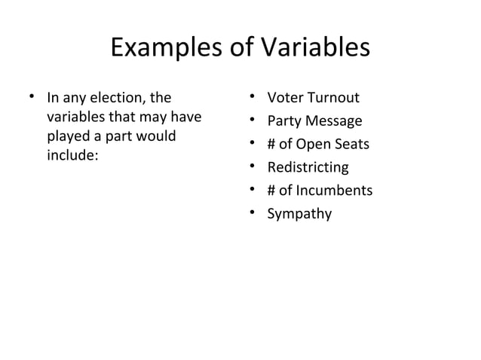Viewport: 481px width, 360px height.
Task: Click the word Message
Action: click(x=333, y=122)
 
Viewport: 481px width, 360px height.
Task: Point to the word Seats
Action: click(x=351, y=145)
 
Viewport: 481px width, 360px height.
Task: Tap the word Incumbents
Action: click(x=334, y=191)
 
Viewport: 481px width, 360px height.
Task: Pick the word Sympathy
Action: click(x=299, y=214)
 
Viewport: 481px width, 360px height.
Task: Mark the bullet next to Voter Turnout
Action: click(x=252, y=98)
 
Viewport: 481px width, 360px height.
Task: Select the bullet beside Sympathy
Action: click(x=252, y=213)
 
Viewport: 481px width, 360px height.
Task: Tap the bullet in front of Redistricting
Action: click(x=252, y=167)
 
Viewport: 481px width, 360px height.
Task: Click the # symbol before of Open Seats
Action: click(x=272, y=145)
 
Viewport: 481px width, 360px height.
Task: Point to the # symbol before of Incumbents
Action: click(x=272, y=191)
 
